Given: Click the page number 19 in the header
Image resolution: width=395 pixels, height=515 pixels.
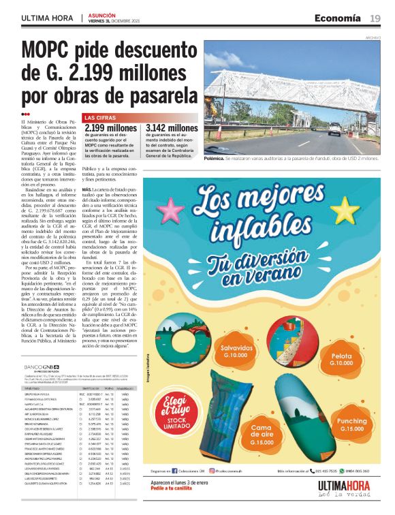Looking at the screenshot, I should click(x=375, y=18).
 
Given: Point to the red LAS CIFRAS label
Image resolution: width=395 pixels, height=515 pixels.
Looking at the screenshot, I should click(x=99, y=118).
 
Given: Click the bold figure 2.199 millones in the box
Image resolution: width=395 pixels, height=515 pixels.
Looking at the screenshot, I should click(x=110, y=128).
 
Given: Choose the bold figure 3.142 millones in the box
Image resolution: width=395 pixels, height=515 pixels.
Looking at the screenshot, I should click(x=172, y=128).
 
